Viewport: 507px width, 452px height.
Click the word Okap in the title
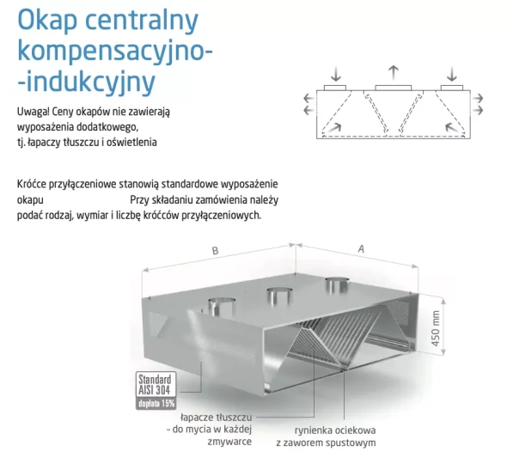[47, 20]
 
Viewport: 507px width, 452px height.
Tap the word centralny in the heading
[142, 20]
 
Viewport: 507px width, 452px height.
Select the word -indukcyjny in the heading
[87, 82]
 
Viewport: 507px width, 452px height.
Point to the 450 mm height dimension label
[436, 328]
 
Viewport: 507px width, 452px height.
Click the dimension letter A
[361, 249]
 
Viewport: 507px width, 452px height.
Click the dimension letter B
[215, 251]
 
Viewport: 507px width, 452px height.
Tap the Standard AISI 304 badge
[156, 384]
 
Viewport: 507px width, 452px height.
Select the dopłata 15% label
[156, 404]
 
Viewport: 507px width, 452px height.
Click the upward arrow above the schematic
[394, 73]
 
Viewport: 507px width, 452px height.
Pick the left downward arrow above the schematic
[336, 74]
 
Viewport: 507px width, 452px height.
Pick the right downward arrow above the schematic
[452, 74]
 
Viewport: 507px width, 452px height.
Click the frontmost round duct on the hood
[222, 307]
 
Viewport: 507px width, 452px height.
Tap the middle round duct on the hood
[279, 296]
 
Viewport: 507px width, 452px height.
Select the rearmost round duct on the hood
[337, 284]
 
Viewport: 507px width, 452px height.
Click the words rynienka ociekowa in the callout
[335, 431]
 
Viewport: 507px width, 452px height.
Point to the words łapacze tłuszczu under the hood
[217, 418]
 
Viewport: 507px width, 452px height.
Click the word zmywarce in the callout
[229, 442]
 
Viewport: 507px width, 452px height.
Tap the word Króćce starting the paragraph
[31, 184]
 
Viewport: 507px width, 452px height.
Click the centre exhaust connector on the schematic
[394, 88]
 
